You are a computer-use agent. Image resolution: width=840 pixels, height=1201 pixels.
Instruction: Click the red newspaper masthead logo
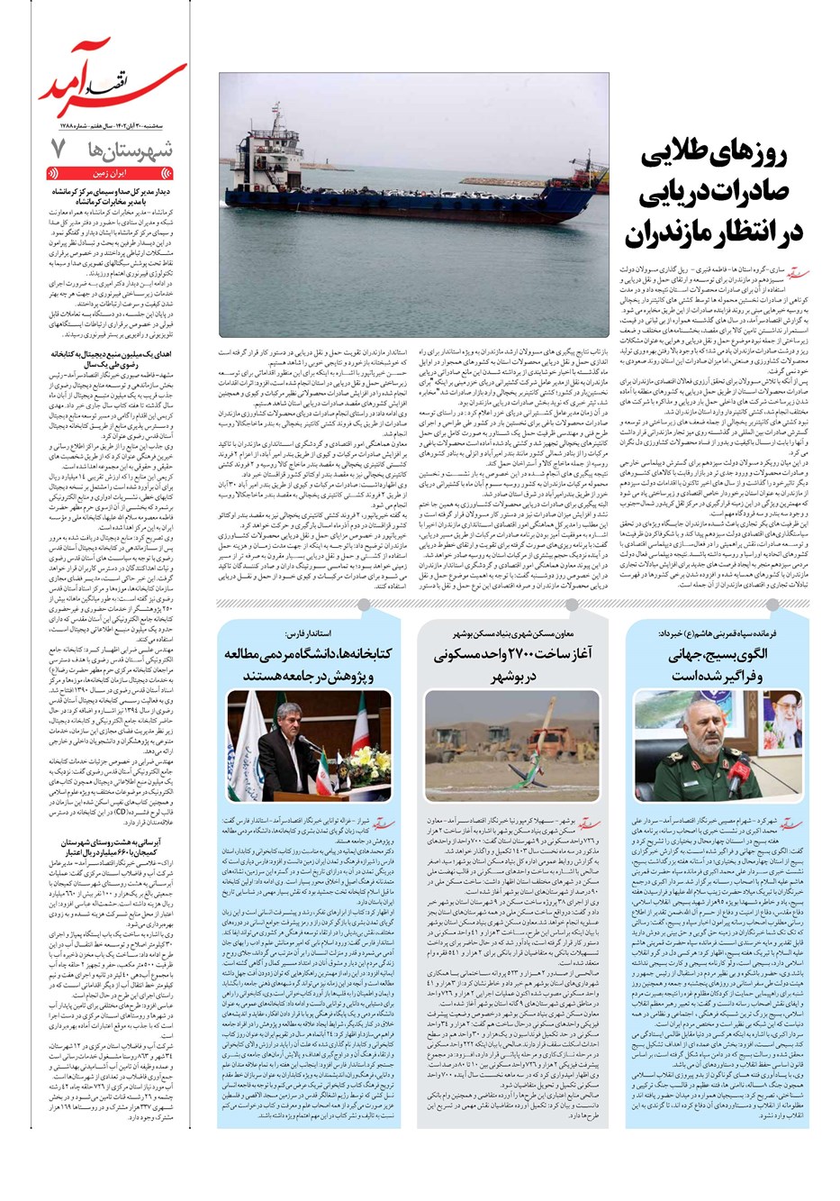click(x=112, y=77)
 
